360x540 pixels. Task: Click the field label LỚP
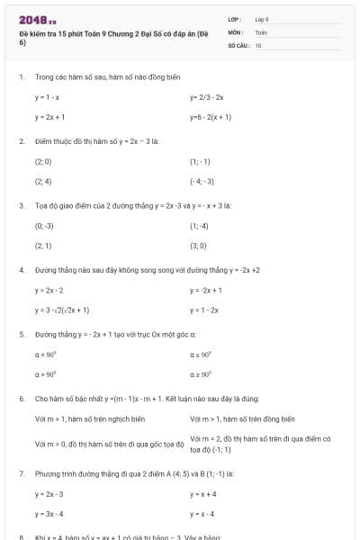[234, 19]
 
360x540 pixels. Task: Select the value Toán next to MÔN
[261, 31]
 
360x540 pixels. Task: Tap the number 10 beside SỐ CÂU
[258, 44]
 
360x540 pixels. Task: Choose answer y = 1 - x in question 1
[48, 97]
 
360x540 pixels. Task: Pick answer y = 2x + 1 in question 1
[49, 117]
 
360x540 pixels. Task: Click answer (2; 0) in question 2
[43, 162]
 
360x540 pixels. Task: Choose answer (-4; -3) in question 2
[202, 181]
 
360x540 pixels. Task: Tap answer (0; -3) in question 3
[44, 226]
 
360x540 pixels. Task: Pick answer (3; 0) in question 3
[198, 246]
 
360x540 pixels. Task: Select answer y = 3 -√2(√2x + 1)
[62, 310]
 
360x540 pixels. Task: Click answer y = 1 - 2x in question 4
[204, 310]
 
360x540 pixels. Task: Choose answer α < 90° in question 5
[46, 355]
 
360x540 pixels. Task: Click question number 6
[21, 398]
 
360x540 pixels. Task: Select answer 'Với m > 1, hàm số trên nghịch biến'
[89, 419]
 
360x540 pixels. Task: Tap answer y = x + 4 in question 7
[203, 494]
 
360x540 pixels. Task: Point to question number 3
[21, 205]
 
